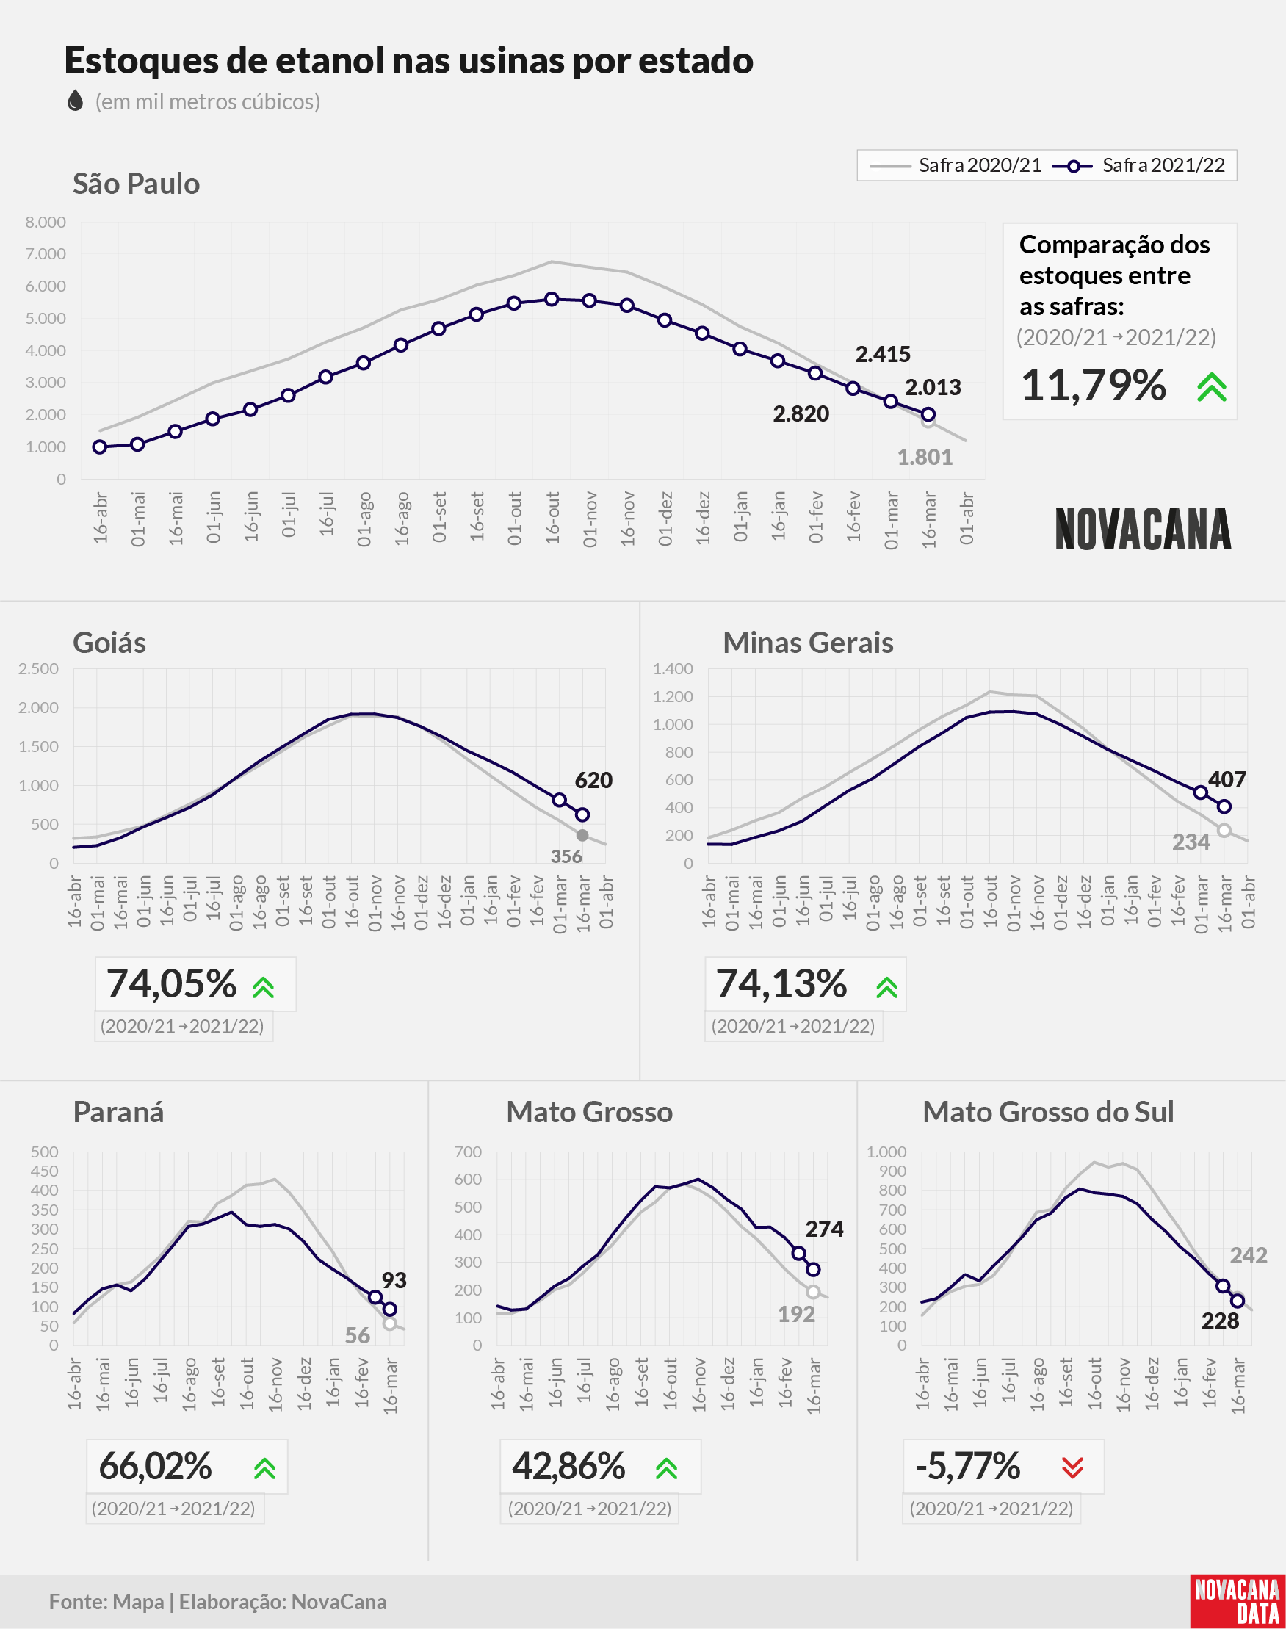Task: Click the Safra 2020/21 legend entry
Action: click(x=956, y=165)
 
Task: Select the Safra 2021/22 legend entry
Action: click(x=1138, y=165)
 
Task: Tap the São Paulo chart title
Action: click(x=137, y=184)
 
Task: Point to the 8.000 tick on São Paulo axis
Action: click(x=46, y=222)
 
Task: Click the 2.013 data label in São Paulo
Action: click(x=933, y=387)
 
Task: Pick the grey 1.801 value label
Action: click(x=925, y=457)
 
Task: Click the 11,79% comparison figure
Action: click(x=1094, y=386)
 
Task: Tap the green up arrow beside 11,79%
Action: click(x=1212, y=387)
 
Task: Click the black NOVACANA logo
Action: click(x=1143, y=529)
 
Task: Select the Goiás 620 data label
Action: click(x=593, y=780)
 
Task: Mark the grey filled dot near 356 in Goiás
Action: click(x=582, y=836)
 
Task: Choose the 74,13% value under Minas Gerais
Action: click(x=781, y=984)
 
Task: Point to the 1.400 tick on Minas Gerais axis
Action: click(x=672, y=668)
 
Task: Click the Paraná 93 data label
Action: click(x=394, y=1279)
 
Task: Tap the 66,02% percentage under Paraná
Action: click(x=156, y=1466)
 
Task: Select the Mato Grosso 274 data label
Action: click(x=825, y=1229)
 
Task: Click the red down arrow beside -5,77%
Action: click(x=1072, y=1467)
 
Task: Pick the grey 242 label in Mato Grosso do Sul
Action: click(x=1249, y=1256)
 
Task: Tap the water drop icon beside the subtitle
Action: click(x=74, y=101)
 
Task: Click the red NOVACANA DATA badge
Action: click(x=1238, y=1601)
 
